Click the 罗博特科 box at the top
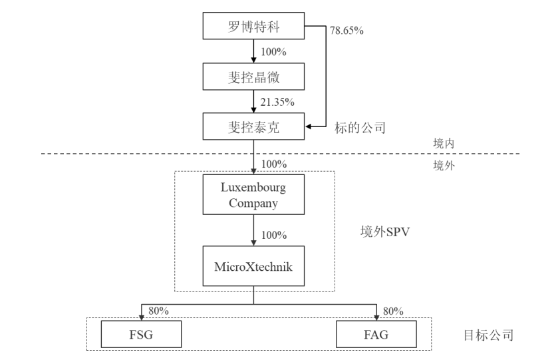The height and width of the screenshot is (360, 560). click(x=253, y=28)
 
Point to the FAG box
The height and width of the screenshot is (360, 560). click(x=376, y=334)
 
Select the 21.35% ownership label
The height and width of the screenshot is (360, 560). click(x=275, y=102)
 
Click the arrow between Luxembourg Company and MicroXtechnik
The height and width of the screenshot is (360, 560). click(x=253, y=230)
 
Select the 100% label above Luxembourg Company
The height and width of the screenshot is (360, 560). click(x=275, y=164)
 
